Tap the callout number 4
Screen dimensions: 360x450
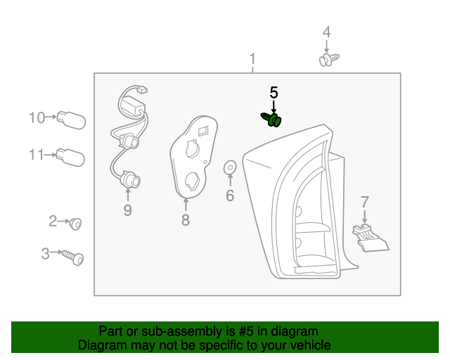326,32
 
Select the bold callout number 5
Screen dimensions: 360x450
274,93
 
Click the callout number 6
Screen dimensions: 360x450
230,196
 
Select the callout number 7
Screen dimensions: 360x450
364,202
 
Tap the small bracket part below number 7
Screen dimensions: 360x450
369,236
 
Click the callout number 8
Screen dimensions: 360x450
186,221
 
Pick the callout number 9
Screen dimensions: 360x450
127,210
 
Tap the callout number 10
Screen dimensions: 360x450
37,117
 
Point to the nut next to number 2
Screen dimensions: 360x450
76,224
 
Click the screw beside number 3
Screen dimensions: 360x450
73,257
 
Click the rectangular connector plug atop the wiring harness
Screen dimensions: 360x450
142,89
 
